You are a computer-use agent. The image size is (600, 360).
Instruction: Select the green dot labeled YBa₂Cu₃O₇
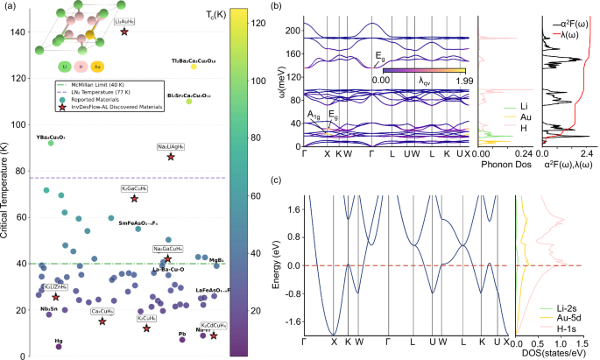51,143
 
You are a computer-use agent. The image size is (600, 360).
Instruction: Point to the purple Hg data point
59,346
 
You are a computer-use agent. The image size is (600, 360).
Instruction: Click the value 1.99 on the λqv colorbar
460,81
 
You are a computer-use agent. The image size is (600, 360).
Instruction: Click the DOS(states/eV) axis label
547,355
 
